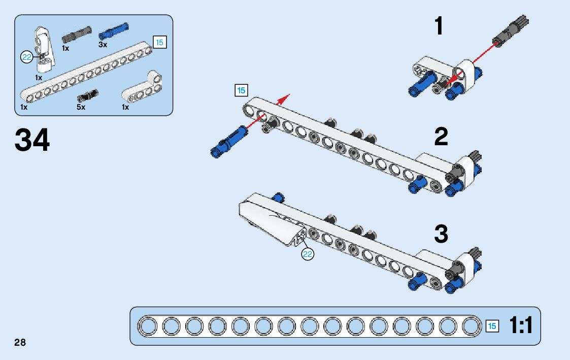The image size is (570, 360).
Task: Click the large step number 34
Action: click(32, 140)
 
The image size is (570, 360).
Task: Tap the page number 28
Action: click(20, 342)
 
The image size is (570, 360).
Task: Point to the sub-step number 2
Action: click(441, 137)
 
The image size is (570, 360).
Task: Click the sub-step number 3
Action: click(441, 234)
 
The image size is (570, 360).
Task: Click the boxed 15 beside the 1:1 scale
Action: click(492, 326)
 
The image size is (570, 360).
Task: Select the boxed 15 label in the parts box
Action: click(159, 43)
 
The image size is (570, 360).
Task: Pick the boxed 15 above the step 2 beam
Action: click(241, 90)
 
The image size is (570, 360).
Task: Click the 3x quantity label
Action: click(103, 45)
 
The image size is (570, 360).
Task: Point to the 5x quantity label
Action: click(81, 107)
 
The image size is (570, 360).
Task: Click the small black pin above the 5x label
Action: click(87, 95)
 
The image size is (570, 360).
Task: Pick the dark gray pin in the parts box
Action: click(76, 35)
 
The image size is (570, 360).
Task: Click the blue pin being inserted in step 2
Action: click(229, 140)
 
